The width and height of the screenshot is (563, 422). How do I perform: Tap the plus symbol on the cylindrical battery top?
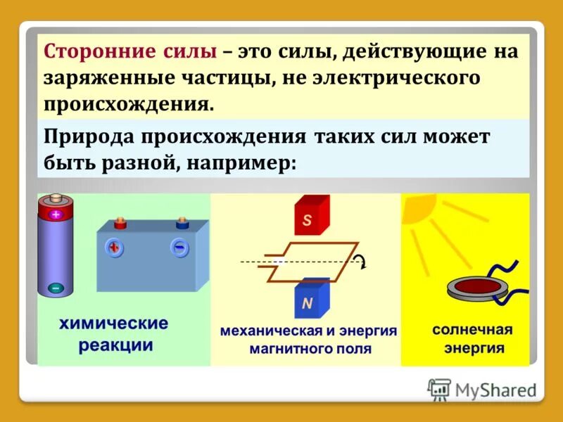56,215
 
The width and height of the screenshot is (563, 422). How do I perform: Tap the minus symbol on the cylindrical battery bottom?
56,288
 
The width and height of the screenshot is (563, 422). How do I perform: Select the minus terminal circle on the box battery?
180,248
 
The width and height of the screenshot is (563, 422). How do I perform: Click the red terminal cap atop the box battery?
119,224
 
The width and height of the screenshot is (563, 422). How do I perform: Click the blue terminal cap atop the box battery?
182,224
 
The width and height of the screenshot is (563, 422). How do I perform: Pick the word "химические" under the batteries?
113,324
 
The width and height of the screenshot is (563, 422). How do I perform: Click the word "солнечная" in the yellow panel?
472,329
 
